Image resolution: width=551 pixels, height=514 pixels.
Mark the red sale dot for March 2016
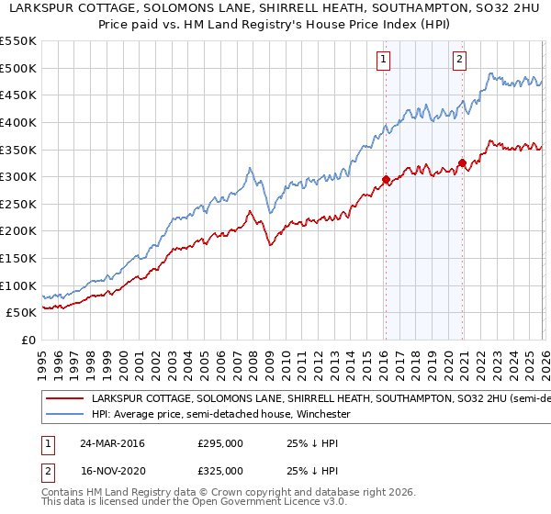386,179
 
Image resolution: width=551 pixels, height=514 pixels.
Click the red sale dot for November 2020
462,163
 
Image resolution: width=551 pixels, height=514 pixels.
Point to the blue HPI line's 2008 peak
250,168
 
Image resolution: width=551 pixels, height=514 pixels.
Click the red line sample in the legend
64,399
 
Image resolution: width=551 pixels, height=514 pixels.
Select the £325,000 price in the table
220,470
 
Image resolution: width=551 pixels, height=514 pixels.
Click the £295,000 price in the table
220,443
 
